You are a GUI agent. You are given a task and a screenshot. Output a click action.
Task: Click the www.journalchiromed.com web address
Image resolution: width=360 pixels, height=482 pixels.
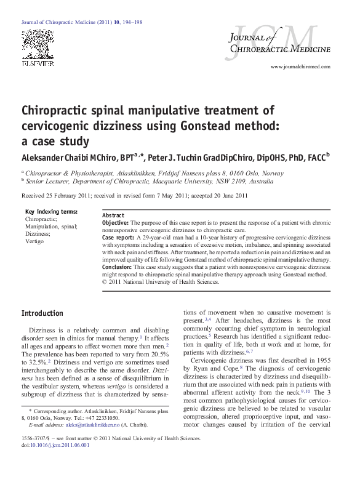[x=300, y=66]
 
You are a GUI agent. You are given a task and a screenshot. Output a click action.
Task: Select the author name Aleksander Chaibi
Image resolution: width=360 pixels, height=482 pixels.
[x=55, y=157]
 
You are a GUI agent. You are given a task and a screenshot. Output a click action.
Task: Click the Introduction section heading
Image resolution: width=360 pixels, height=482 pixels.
[x=42, y=313]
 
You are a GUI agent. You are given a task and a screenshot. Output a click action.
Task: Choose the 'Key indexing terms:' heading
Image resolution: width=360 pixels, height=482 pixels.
[x=50, y=212]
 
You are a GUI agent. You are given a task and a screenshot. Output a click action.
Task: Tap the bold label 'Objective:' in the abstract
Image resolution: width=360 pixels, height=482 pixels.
[x=115, y=222]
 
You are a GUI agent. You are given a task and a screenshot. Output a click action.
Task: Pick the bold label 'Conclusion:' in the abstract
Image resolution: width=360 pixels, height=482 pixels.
[x=117, y=267]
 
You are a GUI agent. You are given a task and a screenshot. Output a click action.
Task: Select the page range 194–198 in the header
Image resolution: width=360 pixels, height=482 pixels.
[x=130, y=22]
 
